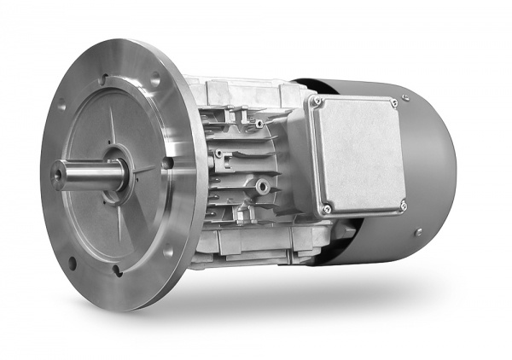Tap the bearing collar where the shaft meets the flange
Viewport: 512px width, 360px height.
pos(117,166)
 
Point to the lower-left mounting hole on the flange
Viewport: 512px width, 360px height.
pos(72,261)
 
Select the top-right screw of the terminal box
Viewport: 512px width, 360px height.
pos(393,102)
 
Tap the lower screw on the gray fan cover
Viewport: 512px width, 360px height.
pos(417,232)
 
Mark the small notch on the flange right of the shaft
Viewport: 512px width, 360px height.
pos(168,161)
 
